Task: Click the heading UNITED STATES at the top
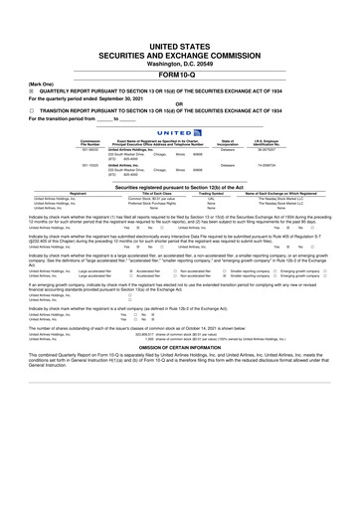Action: pyautogui.click(x=180, y=47)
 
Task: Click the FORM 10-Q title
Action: pyautogui.click(x=180, y=75)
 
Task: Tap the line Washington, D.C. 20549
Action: pyautogui.click(x=180, y=65)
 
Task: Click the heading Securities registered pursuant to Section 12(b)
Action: pyautogui.click(x=180, y=186)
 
